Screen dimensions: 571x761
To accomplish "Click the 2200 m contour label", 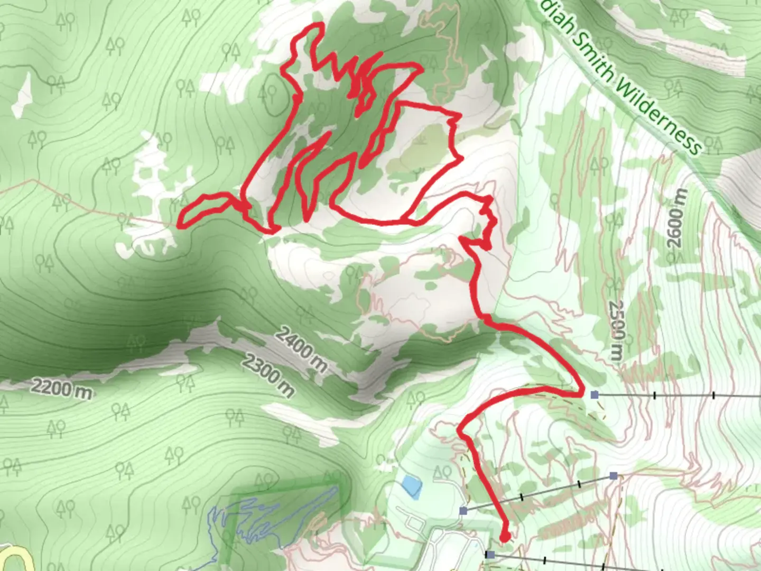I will [61, 389].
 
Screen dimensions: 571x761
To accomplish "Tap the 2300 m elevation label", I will [268, 375].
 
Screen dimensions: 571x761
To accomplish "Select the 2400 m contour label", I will [301, 349].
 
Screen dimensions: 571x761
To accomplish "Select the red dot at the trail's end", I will [505, 537].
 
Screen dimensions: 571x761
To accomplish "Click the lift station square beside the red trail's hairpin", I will [595, 394].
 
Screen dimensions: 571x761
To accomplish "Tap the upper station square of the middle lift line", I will [613, 476].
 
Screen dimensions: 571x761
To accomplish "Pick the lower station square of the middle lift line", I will [463, 511].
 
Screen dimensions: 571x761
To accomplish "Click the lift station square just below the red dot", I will [490, 554].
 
